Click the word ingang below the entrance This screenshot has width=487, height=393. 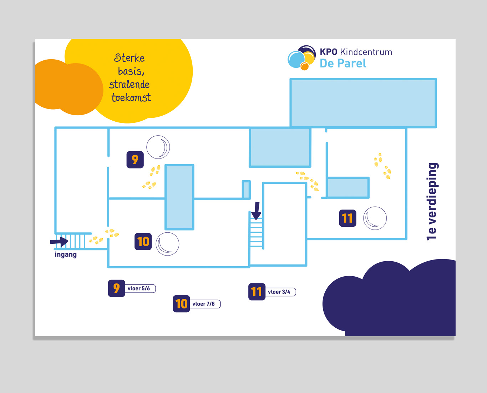[x=66, y=255]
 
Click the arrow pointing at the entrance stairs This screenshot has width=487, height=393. [x=59, y=241]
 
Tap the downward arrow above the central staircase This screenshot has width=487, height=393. [x=256, y=211]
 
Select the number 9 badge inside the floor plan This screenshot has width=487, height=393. [x=135, y=160]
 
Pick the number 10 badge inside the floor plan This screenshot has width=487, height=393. [x=143, y=242]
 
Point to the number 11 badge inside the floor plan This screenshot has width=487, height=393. [x=348, y=218]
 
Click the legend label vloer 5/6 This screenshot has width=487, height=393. [x=139, y=288]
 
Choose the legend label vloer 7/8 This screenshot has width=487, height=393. [x=204, y=304]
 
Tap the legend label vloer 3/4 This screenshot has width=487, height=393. [x=279, y=292]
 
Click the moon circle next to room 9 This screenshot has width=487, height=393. [x=158, y=147]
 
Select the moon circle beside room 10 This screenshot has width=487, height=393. [x=167, y=244]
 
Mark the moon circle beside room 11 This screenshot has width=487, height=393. [x=375, y=218]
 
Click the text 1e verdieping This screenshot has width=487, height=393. [x=432, y=202]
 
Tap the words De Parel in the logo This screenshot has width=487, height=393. [x=343, y=64]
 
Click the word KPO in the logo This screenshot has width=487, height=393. [x=328, y=52]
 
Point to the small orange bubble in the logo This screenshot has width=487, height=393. [x=304, y=66]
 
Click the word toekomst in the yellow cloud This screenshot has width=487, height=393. [x=131, y=97]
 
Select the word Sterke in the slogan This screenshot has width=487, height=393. [x=129, y=58]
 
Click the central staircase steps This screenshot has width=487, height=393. [x=256, y=232]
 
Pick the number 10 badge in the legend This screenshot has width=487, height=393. [x=181, y=304]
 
